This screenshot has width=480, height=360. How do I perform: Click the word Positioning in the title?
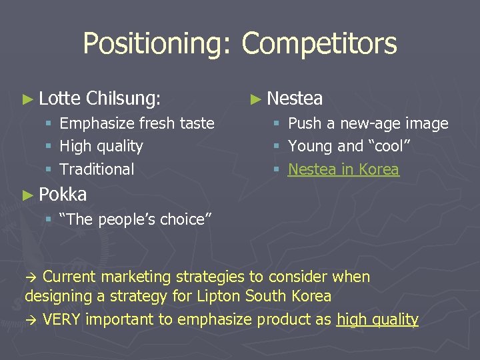pyautogui.click(x=157, y=44)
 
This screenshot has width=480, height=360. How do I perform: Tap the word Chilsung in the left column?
pyautogui.click(x=123, y=99)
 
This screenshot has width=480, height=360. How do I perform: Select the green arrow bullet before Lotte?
pyautogui.click(x=27, y=100)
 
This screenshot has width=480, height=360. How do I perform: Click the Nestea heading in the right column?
pyautogui.click(x=295, y=99)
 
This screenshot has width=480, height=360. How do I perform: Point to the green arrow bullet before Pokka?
pyautogui.click(x=27, y=195)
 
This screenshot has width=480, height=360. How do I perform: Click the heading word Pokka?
pyautogui.click(x=63, y=195)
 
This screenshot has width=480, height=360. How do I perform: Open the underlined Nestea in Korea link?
pyautogui.click(x=343, y=169)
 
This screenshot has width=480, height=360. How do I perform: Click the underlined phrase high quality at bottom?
pyautogui.click(x=377, y=319)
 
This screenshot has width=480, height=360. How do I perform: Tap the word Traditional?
pyautogui.click(x=97, y=169)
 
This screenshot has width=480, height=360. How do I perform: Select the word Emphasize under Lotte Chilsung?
pyautogui.click(x=97, y=123)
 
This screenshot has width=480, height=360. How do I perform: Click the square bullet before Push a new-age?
pyautogui.click(x=277, y=124)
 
